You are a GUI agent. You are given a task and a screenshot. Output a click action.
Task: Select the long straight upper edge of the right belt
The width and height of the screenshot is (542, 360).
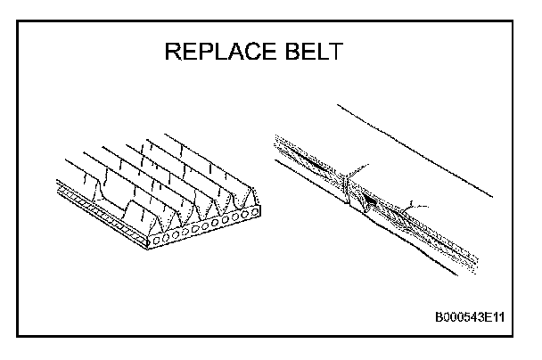415,147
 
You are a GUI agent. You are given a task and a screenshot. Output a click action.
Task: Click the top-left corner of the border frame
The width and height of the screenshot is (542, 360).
18,19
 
